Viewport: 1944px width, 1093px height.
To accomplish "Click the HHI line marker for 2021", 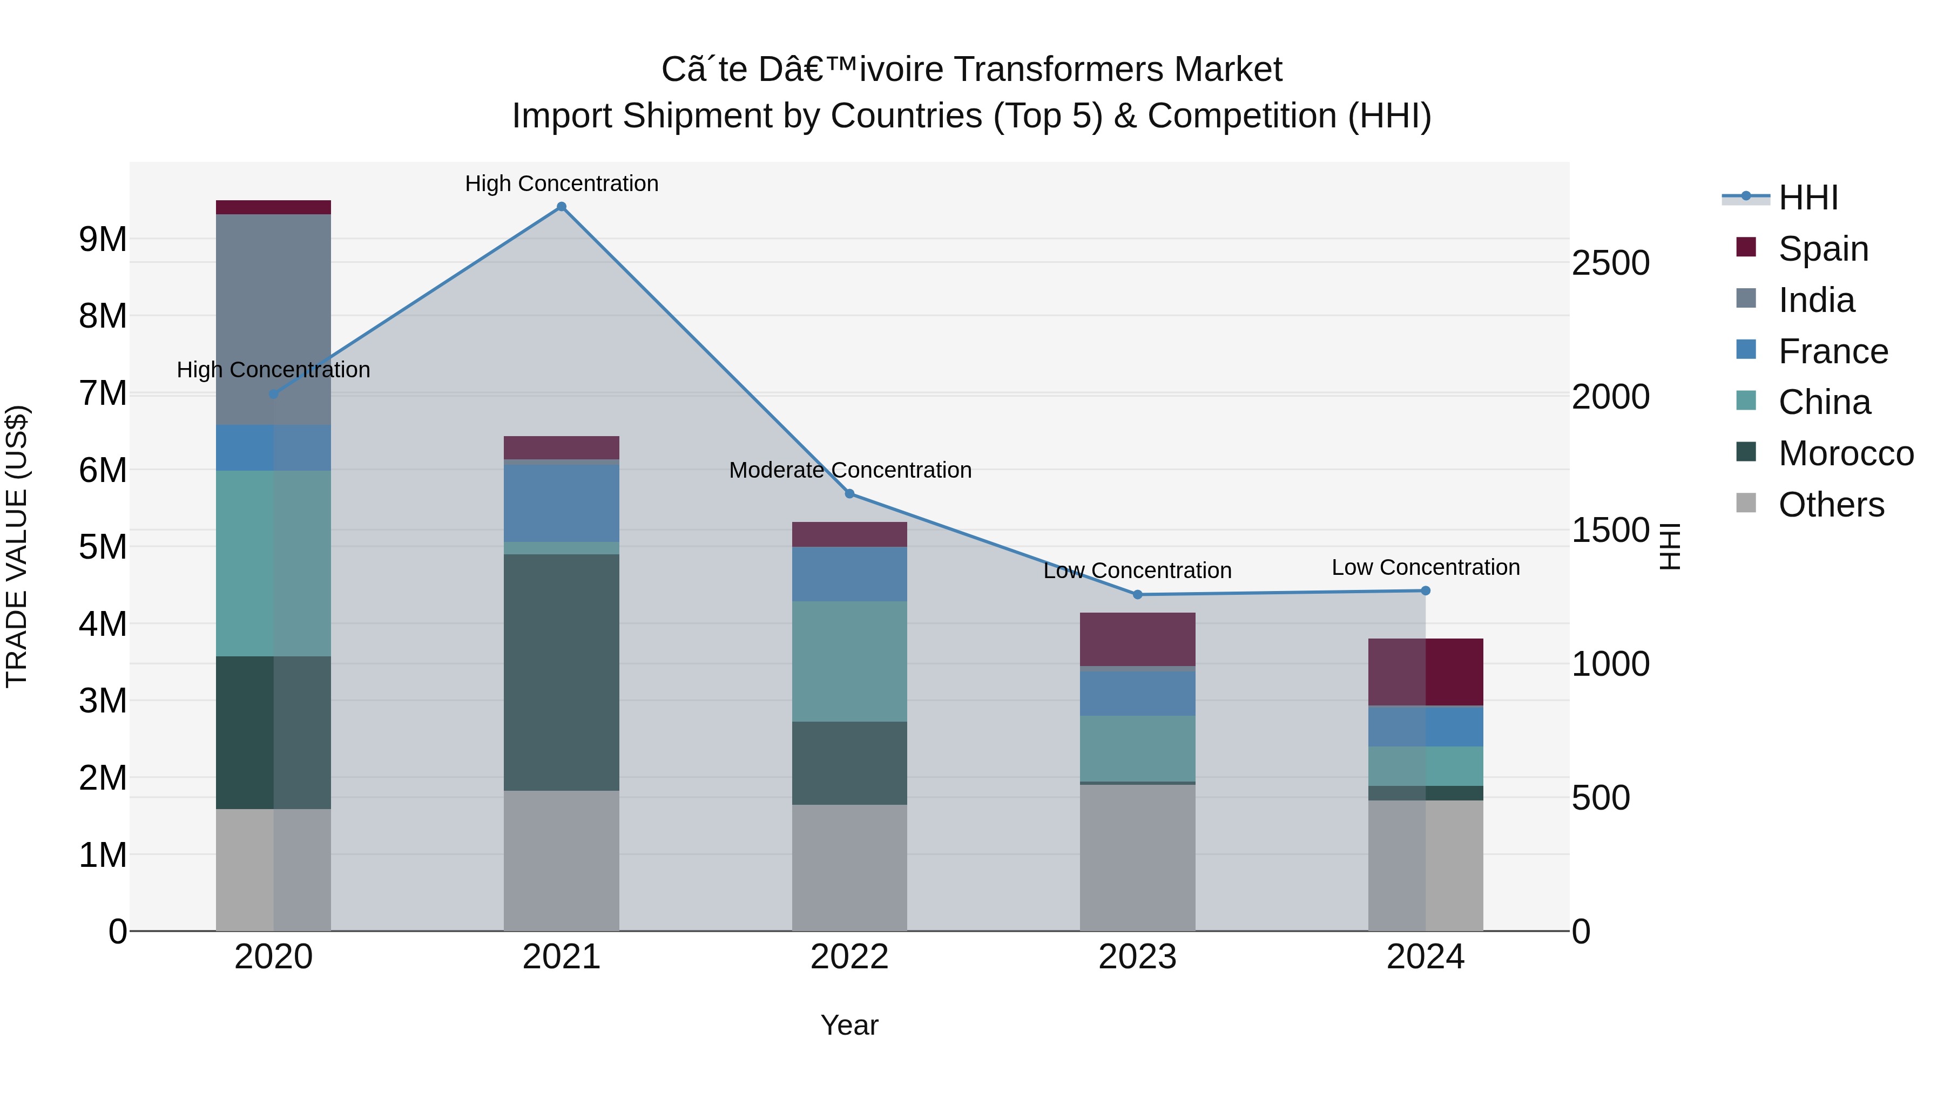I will tap(562, 207).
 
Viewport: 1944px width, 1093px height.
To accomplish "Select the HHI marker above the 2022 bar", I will tap(850, 494).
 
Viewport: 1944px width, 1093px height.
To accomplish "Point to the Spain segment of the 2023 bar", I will tap(1137, 639).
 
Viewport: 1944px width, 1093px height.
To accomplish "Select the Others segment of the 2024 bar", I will tap(1426, 865).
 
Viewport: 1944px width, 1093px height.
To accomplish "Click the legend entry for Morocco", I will tap(1845, 453).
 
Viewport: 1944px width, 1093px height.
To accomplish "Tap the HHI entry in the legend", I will tap(1807, 198).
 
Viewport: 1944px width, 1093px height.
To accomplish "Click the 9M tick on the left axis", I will tap(103, 239).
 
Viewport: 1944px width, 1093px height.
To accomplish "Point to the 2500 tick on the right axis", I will tap(1610, 263).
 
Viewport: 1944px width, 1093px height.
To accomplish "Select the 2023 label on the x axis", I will tap(1137, 957).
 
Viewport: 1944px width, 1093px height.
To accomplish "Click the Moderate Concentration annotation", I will tap(850, 470).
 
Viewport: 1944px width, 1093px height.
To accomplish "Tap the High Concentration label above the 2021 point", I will tap(562, 184).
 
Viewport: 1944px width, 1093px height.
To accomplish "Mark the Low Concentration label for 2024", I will tap(1426, 567).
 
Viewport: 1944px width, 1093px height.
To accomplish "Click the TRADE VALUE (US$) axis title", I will tap(17, 546).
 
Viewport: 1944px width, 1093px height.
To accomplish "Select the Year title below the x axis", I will tap(850, 1025).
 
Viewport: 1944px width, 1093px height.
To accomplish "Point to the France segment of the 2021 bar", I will tap(562, 501).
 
